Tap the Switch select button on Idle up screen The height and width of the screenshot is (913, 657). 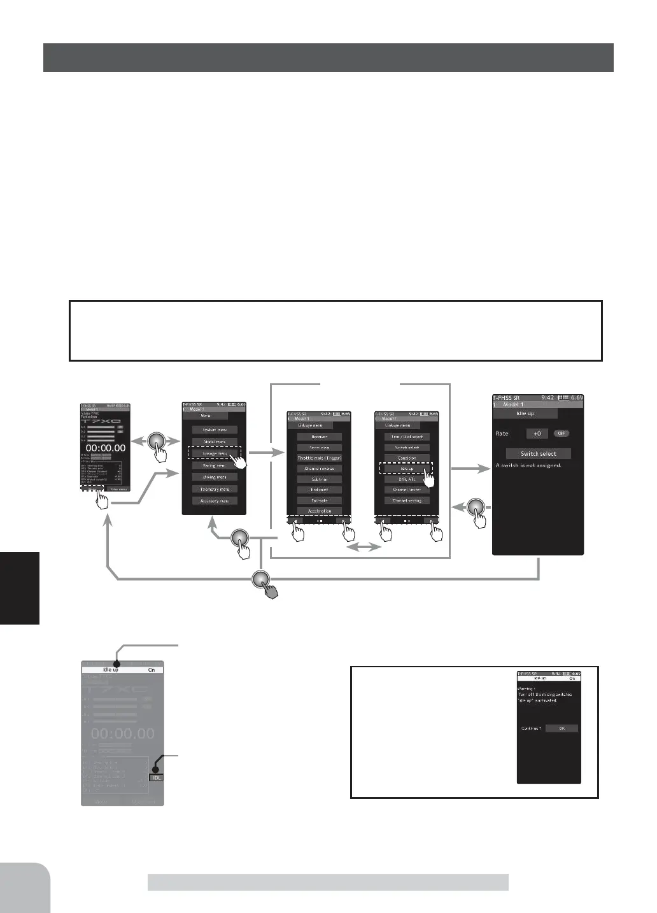tap(538, 454)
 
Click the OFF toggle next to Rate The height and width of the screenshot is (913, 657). tap(560, 434)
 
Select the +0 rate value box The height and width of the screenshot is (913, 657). tap(537, 434)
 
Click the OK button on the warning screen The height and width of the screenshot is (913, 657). tap(562, 728)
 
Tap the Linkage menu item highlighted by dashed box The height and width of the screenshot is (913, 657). tap(214, 453)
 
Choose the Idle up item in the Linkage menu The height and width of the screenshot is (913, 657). tap(407, 469)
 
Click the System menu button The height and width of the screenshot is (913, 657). tap(215, 430)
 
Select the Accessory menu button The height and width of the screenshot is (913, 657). tap(215, 501)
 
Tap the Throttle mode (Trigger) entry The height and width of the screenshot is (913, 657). tap(320, 458)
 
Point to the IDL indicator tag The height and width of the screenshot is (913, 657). tap(156, 777)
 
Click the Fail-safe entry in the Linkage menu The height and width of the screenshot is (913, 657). tap(320, 500)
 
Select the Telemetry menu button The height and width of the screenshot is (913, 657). tap(215, 489)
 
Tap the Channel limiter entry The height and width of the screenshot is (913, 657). tap(407, 490)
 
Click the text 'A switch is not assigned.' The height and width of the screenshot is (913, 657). tap(528, 465)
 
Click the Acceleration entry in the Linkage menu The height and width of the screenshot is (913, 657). tap(320, 511)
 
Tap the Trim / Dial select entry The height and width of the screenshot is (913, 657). tap(407, 437)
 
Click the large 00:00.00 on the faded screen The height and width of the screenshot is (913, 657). tap(122, 734)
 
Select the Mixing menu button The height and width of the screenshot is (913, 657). tap(215, 477)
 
